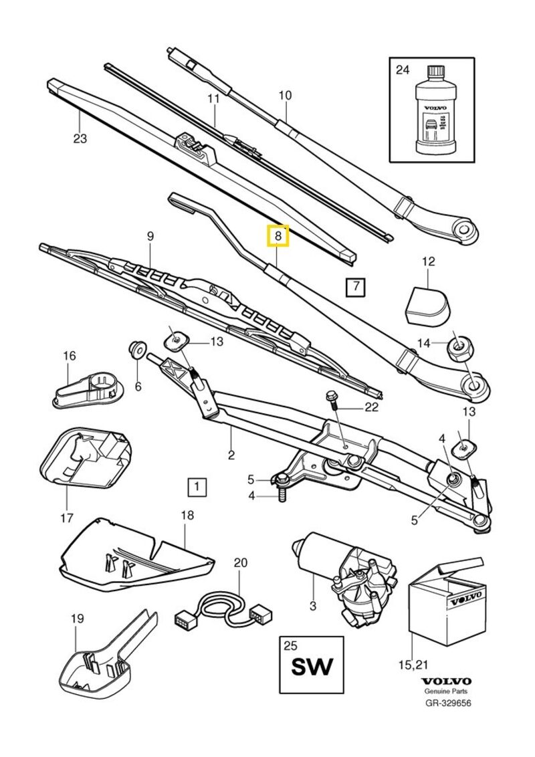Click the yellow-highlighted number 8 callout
point(278,236)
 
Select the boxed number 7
point(356,288)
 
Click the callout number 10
point(285,96)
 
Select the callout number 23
point(80,138)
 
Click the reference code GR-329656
point(448,703)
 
